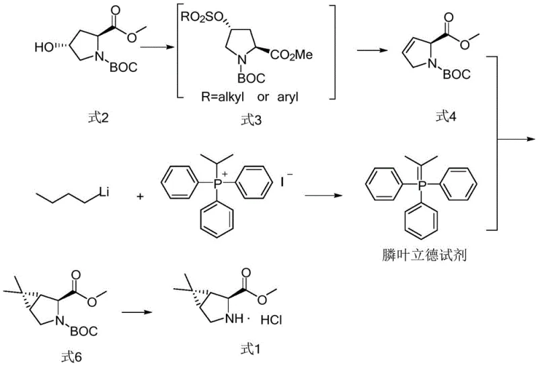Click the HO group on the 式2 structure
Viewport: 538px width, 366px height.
[x=44, y=48]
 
